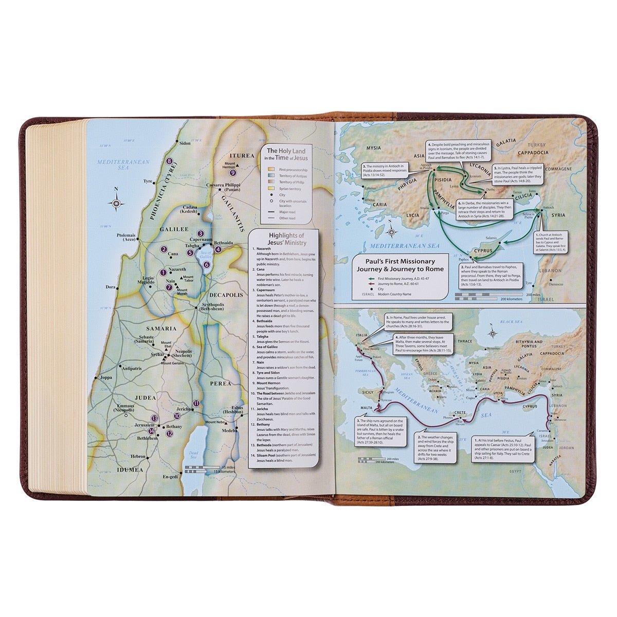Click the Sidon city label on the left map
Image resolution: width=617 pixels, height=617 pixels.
(x=185, y=143)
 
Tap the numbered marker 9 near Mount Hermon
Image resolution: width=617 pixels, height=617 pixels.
(x=233, y=173)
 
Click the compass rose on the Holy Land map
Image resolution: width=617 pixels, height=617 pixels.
(x=117, y=204)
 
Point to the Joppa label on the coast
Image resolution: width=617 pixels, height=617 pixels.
(x=106, y=378)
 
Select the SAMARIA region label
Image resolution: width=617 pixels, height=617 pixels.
(x=161, y=328)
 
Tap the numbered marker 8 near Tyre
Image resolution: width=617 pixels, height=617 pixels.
(x=169, y=161)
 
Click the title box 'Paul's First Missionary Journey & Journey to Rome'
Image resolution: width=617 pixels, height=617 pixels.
(x=396, y=265)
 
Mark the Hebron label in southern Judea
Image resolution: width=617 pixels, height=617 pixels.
(x=138, y=456)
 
